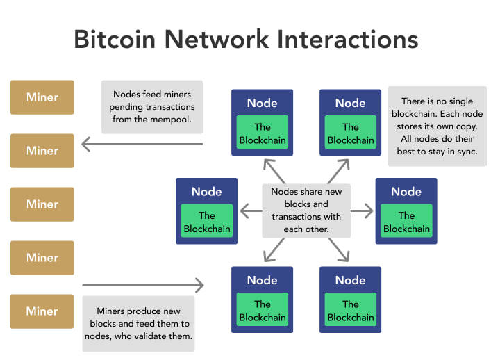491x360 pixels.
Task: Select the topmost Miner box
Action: pyautogui.click(x=42, y=97)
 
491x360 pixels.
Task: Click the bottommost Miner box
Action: pyautogui.click(x=42, y=311)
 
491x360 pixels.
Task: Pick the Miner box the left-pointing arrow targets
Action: pyautogui.click(x=42, y=151)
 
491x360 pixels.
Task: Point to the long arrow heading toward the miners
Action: pyautogui.click(x=142, y=145)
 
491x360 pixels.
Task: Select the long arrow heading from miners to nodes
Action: pyautogui.click(x=142, y=285)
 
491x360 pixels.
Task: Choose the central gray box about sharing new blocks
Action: pyautogui.click(x=306, y=209)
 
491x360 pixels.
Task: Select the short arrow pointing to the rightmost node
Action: pyautogui.click(x=362, y=209)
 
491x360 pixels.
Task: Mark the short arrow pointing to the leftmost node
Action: pyautogui.click(x=250, y=209)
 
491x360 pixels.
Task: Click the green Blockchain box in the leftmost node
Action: pyautogui.click(x=206, y=222)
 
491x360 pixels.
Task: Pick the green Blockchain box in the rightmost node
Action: pyautogui.click(x=406, y=222)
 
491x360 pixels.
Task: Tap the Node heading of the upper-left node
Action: pyautogui.click(x=262, y=103)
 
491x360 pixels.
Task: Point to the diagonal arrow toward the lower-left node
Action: pyautogui.click(x=273, y=250)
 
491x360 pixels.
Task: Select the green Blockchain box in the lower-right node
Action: pyautogui.click(x=350, y=311)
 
